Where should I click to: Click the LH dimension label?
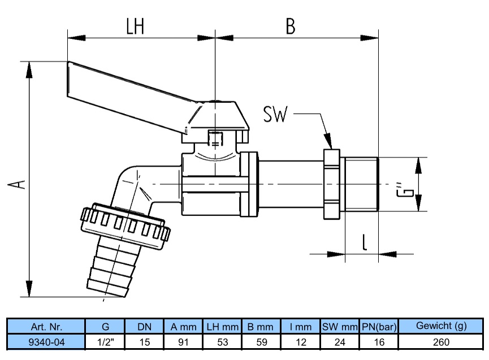[135, 26]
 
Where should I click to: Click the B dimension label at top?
[291, 26]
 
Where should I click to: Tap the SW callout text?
[275, 114]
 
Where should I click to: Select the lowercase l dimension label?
[365, 242]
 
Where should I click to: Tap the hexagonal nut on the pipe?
[331, 184]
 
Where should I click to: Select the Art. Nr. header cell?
[46, 326]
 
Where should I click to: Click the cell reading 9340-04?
[46, 342]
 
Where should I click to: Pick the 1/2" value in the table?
[105, 342]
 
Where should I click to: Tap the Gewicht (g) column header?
[441, 326]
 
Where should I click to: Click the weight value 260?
[441, 342]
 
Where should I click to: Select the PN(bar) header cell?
[379, 326]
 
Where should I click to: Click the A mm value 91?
[183, 342]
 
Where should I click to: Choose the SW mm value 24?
[340, 342]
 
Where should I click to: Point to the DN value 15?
[145, 342]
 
